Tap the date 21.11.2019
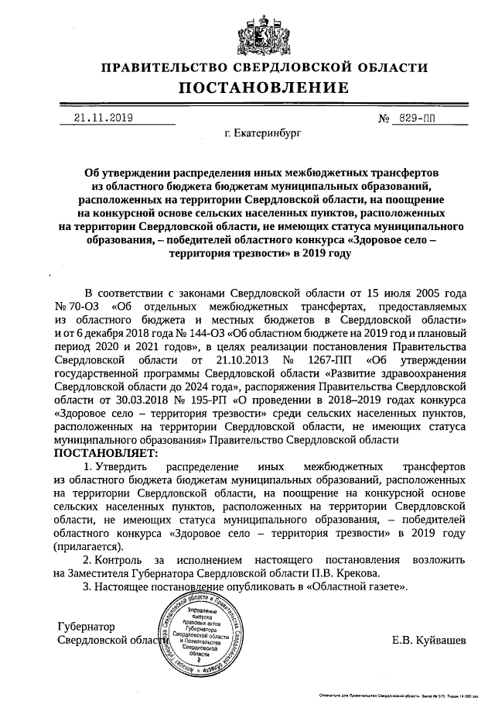[x=103, y=118]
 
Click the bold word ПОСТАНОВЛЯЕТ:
[x=104, y=452]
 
